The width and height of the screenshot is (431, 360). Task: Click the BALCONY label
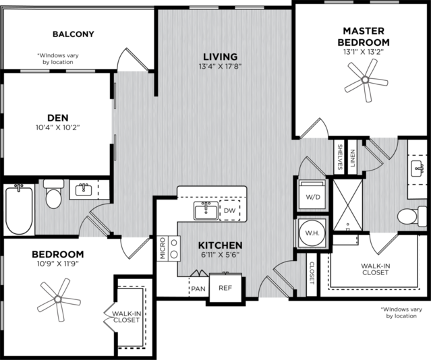[x=74, y=34]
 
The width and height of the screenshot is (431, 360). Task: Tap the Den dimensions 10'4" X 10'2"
[x=58, y=127]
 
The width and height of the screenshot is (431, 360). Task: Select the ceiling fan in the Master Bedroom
[x=366, y=80]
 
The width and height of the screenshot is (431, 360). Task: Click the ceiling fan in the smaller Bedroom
[x=59, y=299]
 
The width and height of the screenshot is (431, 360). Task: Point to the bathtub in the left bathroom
[x=19, y=209]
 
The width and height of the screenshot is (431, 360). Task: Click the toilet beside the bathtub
[x=53, y=193]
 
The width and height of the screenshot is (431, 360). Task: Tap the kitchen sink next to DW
[x=206, y=211]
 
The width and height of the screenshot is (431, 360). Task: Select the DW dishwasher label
[x=230, y=210]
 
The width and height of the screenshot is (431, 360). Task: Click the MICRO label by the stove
[x=163, y=249]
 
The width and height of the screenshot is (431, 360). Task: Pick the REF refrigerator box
[x=225, y=288]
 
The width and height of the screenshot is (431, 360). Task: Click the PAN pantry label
[x=198, y=289]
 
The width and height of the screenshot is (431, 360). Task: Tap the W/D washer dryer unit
[x=312, y=193]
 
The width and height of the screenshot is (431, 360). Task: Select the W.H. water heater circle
[x=312, y=233]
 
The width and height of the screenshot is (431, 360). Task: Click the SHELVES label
[x=340, y=157]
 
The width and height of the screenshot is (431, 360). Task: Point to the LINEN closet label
[x=353, y=158]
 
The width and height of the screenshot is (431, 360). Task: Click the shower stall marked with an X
[x=348, y=205]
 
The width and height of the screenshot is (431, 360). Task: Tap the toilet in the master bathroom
[x=411, y=216]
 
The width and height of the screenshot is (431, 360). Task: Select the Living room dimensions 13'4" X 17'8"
[x=220, y=67]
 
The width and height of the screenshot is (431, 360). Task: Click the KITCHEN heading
[x=220, y=245]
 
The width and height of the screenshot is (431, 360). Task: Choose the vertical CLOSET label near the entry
[x=312, y=273]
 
